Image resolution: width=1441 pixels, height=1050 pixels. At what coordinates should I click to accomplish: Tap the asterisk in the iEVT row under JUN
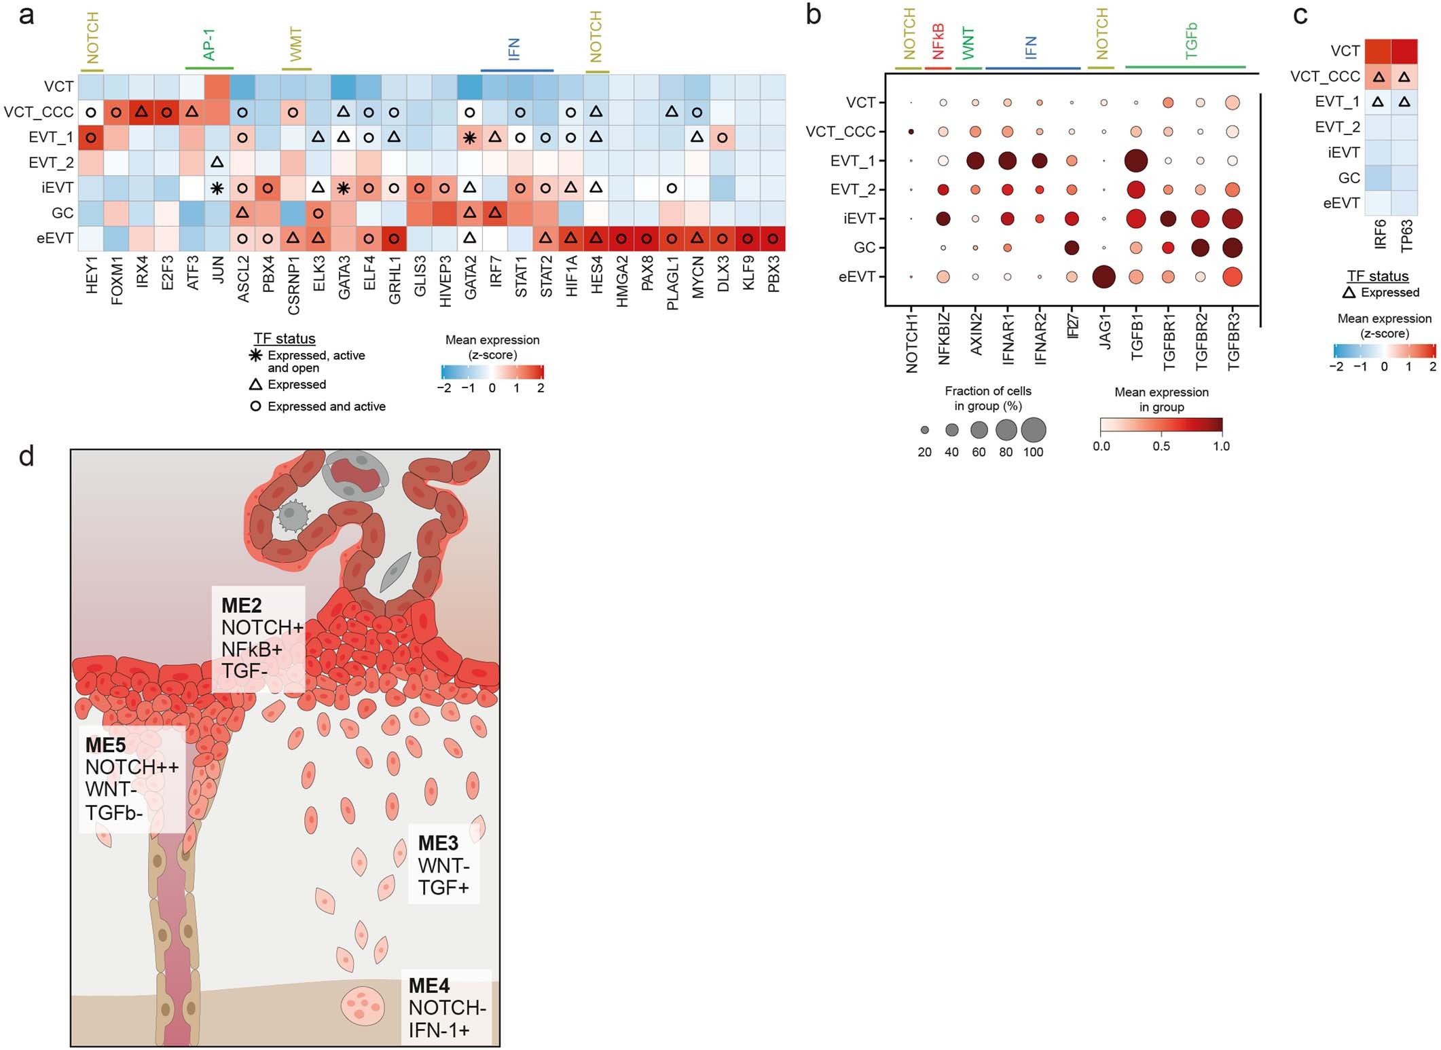click(x=217, y=188)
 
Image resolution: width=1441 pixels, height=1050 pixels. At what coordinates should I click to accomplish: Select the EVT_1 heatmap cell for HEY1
click(x=90, y=137)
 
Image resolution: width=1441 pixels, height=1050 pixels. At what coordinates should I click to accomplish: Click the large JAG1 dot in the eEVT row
click(x=1104, y=277)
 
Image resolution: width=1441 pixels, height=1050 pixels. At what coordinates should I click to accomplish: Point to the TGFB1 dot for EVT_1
click(x=1135, y=161)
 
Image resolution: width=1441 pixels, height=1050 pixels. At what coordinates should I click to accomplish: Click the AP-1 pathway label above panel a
click(x=209, y=45)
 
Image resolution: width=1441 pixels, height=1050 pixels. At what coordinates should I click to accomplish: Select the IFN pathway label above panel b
click(x=1031, y=47)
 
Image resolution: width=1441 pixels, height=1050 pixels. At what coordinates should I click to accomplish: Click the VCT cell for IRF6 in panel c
click(x=1378, y=51)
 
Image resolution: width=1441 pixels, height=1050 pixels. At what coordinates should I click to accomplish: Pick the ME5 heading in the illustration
click(x=105, y=745)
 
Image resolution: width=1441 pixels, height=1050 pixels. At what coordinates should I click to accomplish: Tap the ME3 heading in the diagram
click(x=438, y=843)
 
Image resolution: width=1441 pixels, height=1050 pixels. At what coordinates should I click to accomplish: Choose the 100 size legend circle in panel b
click(x=1033, y=430)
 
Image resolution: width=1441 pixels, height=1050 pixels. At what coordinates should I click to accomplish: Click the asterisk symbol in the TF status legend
click(x=255, y=355)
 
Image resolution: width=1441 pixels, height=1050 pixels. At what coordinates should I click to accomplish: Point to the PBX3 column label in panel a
click(x=773, y=274)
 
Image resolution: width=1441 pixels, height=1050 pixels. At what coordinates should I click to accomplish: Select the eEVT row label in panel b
click(x=857, y=277)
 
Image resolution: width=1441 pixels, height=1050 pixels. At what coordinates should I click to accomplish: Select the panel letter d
click(x=26, y=455)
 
